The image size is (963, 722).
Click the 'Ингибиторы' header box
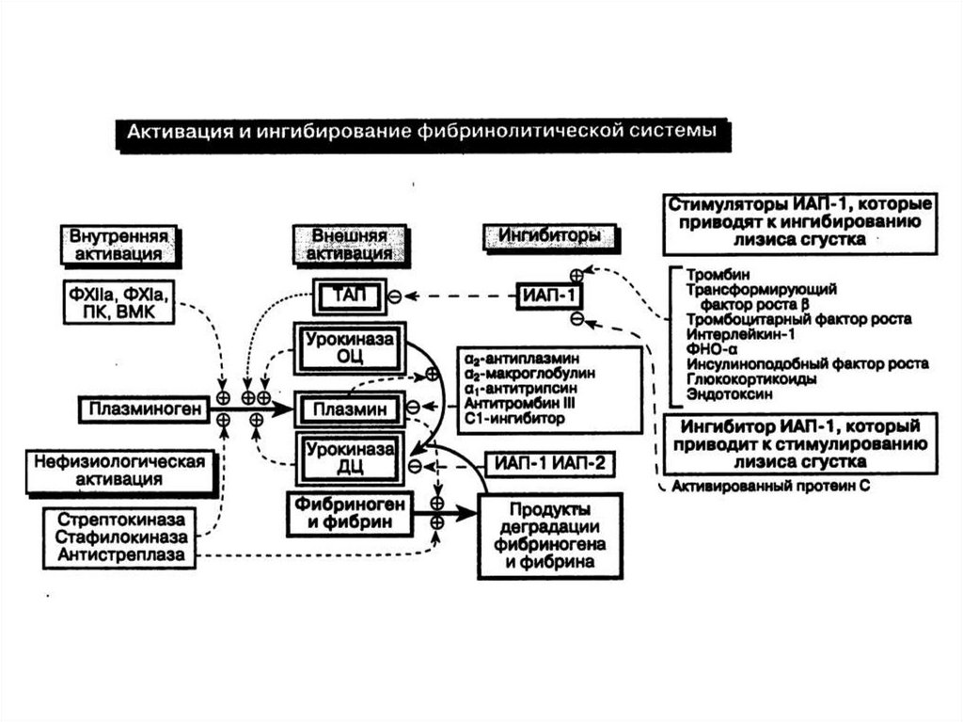click(x=542, y=235)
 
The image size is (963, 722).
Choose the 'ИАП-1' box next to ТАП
click(x=550, y=296)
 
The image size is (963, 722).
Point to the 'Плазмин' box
click(x=350, y=409)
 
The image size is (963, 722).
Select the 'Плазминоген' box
click(x=144, y=409)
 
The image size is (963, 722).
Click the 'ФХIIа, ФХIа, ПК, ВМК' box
click(x=120, y=300)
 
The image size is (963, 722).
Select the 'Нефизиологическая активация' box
click(x=119, y=471)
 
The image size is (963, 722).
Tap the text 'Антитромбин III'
click(x=508, y=402)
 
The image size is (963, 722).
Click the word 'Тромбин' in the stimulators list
click(x=712, y=274)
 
